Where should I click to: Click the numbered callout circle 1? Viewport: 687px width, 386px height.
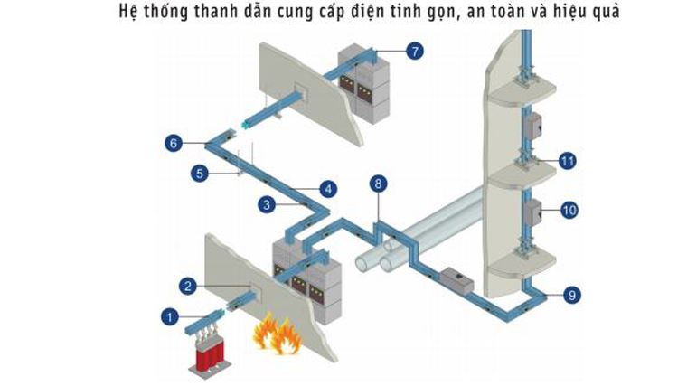[x=169, y=315]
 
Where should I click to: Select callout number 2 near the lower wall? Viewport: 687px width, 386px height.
[x=187, y=287]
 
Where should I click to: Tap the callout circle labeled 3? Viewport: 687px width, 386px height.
[x=266, y=205]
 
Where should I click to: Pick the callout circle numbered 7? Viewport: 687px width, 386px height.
[x=414, y=51]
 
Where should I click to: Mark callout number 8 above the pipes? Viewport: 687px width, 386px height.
[x=378, y=184]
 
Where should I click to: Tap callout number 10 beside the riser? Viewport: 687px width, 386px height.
[x=569, y=210]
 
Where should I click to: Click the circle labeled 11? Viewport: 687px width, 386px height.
[x=568, y=162]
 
